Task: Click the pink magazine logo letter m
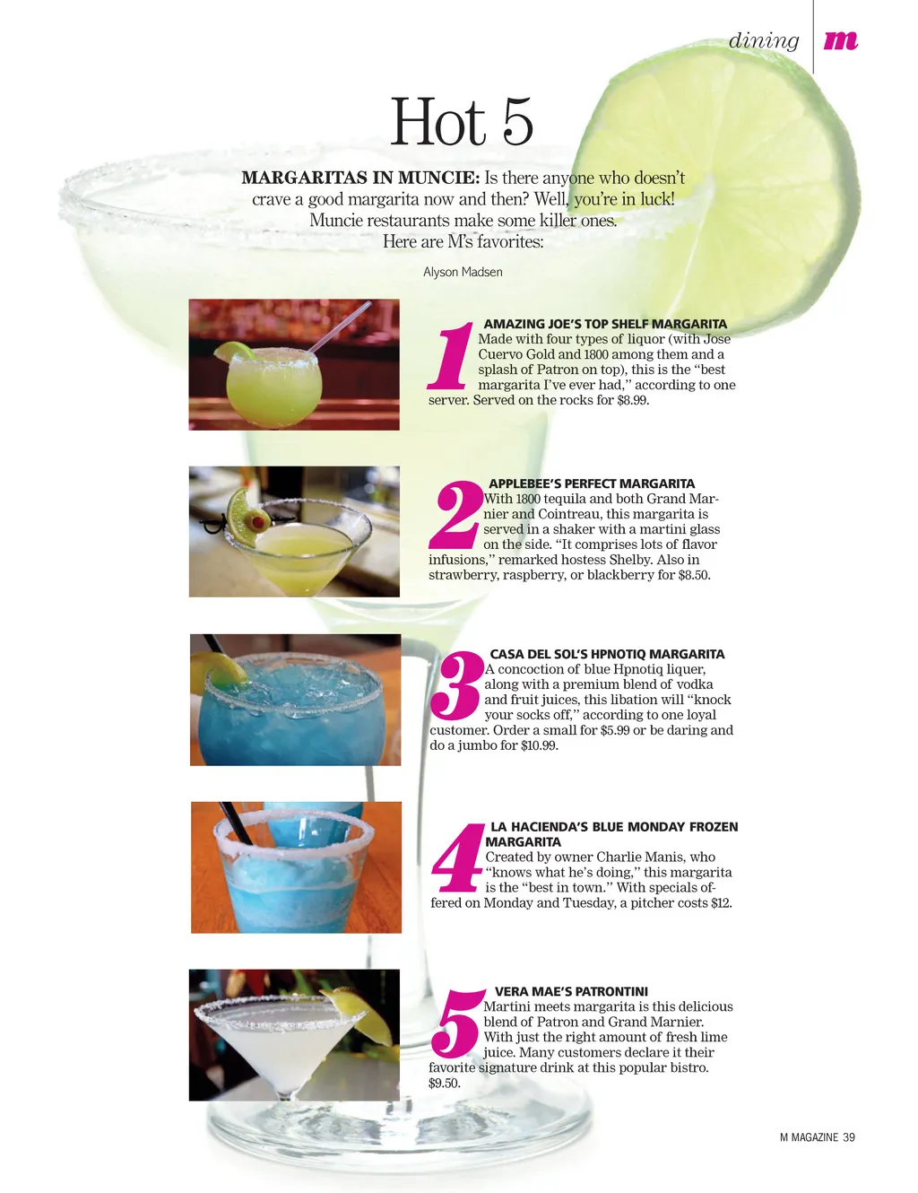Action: tap(840, 40)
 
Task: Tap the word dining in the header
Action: tap(763, 40)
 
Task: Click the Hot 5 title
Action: tap(461, 121)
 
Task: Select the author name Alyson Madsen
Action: tap(463, 272)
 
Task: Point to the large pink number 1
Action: tap(451, 355)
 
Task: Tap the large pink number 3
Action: tap(456, 685)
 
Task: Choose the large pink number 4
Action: tap(457, 858)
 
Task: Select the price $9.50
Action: tap(444, 1084)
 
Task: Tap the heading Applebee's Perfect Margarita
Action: tap(592, 483)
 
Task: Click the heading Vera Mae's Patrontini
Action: tap(571, 991)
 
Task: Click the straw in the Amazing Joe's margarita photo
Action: tap(339, 327)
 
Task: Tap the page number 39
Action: tap(848, 1137)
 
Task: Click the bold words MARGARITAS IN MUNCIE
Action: tap(360, 178)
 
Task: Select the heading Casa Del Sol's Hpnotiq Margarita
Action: tap(607, 654)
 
